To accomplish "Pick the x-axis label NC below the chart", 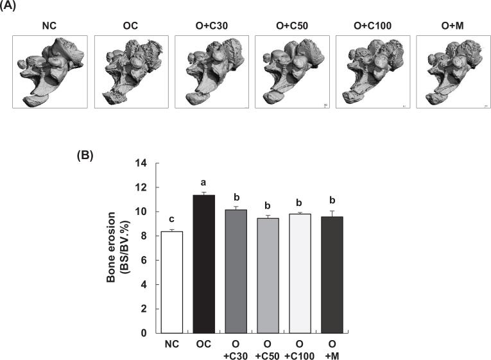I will [171, 344].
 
